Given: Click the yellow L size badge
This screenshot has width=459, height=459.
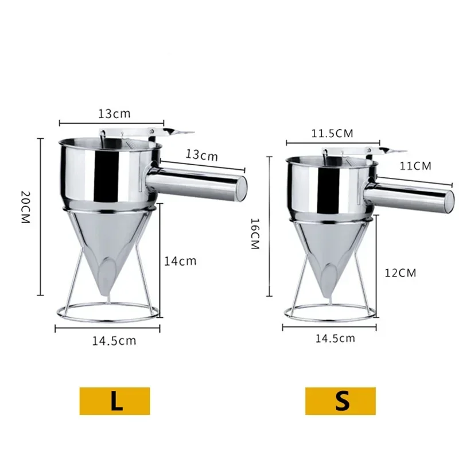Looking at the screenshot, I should (115, 400).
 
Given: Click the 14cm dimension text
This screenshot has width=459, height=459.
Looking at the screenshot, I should (181, 261).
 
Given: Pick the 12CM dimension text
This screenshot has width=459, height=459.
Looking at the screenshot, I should (400, 273).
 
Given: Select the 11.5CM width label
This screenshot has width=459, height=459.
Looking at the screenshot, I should (332, 134).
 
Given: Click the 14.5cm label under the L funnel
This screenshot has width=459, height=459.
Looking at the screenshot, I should (115, 340).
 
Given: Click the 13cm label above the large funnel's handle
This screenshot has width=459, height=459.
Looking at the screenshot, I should (201, 154).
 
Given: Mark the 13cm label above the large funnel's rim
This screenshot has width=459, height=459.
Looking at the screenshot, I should (114, 113).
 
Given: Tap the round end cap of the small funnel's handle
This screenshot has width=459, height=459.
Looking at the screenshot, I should (448, 200).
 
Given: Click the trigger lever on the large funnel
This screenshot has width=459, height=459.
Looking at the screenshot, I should (178, 132).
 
